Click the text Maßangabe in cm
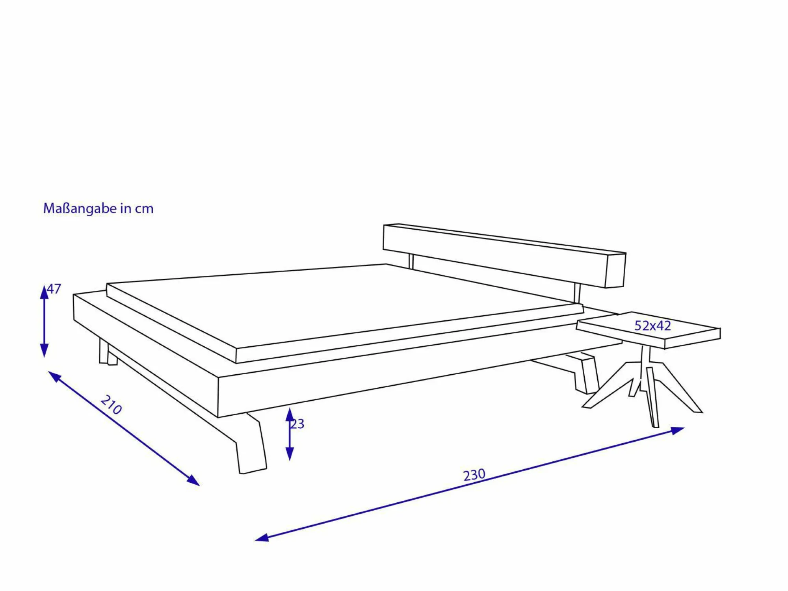[98, 208]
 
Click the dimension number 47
[54, 289]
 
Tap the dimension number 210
[111, 405]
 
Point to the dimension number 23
[297, 424]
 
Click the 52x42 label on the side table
[652, 326]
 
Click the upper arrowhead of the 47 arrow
[44, 292]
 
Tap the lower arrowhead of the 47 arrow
[44, 350]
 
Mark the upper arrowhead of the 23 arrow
[290, 414]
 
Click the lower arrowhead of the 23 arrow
[290, 454]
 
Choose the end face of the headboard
[615, 271]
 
